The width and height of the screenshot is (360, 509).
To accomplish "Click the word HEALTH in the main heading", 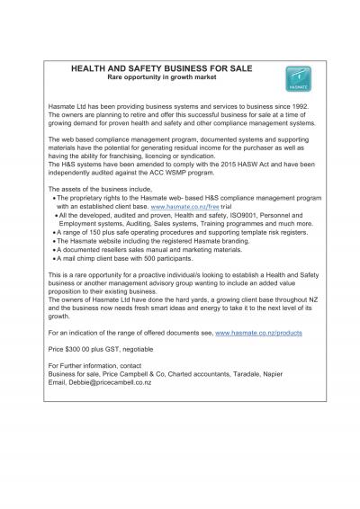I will click(x=91, y=68).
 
